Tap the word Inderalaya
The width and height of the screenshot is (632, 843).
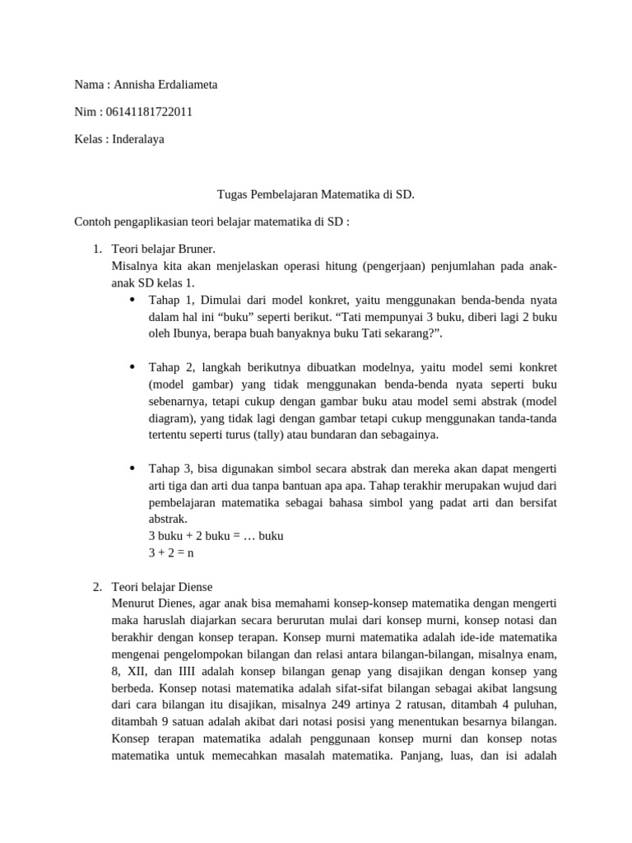136,139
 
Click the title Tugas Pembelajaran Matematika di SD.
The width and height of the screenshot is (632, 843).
316,195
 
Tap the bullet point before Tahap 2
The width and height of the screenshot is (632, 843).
132,366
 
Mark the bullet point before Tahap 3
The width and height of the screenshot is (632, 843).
132,468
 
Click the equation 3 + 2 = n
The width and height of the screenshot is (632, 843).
171,553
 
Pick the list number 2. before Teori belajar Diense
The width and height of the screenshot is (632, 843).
96,587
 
